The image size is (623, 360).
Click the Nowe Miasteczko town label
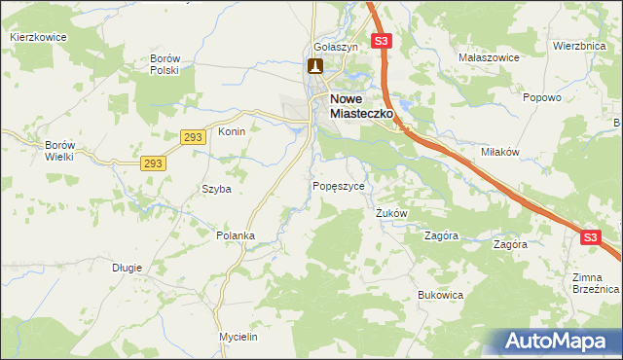[361, 106]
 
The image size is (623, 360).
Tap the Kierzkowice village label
[39, 37]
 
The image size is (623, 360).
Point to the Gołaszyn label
[337, 47]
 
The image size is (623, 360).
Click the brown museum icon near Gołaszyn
[315, 66]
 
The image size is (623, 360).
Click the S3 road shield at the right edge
[591, 236]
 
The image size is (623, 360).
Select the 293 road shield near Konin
[193, 138]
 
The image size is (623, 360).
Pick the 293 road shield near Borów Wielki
[152, 163]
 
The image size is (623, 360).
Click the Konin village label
[231, 131]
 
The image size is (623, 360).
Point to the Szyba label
[216, 190]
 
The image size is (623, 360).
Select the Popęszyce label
[339, 186]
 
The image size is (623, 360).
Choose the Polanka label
[235, 235]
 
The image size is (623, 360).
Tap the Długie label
[127, 268]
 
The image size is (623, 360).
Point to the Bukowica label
[439, 294]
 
